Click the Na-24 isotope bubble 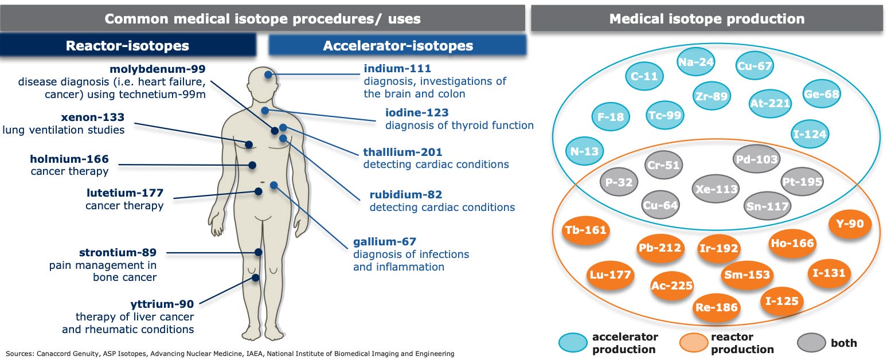pos(696,62)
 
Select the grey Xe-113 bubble pos(715,189)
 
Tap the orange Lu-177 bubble pos(610,275)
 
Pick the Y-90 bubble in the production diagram pos(850,224)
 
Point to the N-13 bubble pos(584,151)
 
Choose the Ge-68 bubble pos(820,95)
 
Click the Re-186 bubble pos(716,307)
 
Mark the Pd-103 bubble pos(756,159)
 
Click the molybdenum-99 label pos(158,69)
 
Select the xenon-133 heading pos(92,118)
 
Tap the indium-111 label pos(397,69)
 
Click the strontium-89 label pos(117,252)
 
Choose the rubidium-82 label pos(405,195)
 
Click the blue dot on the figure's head pos(268,75)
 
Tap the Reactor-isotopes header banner pos(127,45)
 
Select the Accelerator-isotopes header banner pos(397,45)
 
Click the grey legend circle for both pos(811,343)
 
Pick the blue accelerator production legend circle pos(573,343)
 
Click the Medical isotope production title pos(706,18)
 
